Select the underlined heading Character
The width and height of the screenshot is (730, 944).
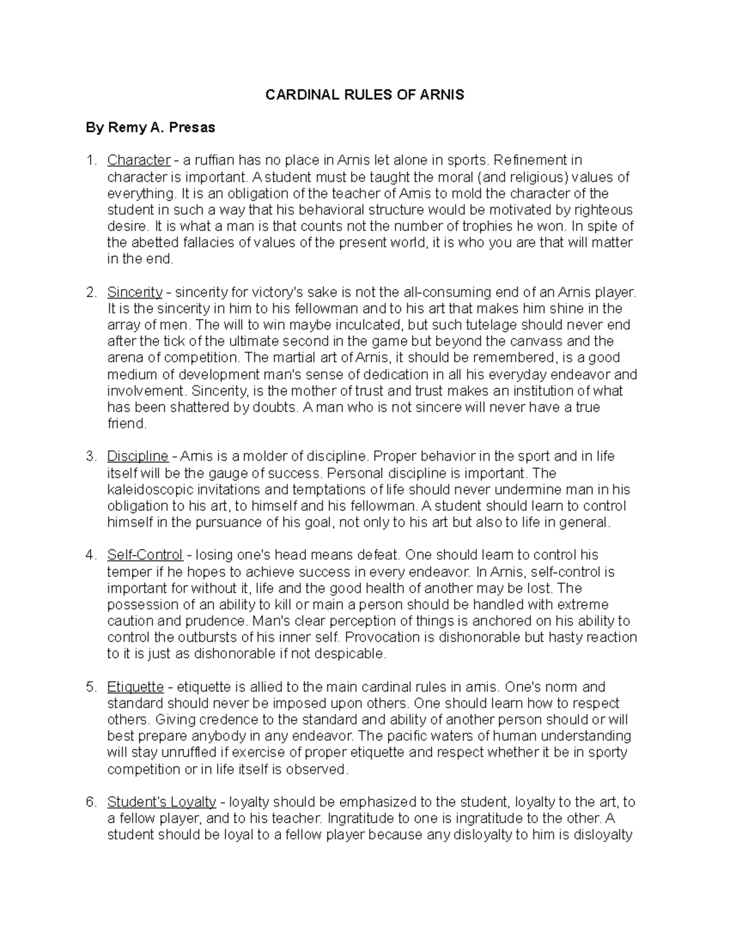(139, 160)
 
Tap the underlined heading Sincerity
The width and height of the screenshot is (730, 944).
(135, 292)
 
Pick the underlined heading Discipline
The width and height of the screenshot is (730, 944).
(137, 456)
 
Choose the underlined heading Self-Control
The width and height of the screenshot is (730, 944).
(145, 555)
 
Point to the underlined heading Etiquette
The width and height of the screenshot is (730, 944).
(136, 687)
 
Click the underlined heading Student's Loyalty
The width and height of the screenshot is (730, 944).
(162, 802)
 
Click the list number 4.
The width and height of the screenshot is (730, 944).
(91, 555)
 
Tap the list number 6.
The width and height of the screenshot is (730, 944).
(91, 802)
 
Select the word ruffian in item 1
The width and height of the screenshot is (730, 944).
(213, 160)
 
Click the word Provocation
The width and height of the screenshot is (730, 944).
(384, 637)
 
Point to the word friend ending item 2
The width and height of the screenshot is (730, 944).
(126, 424)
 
